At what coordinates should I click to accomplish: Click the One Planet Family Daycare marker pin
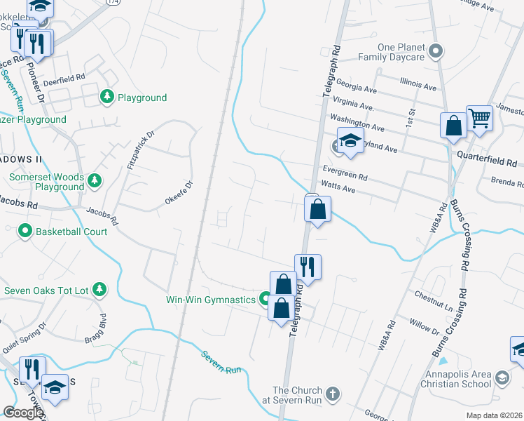point(436,51)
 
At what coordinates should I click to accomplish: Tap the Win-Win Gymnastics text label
point(210,300)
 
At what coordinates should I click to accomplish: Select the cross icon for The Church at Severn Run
point(333,394)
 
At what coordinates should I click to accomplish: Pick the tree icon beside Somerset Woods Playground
point(95,182)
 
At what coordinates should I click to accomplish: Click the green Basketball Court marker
point(25,230)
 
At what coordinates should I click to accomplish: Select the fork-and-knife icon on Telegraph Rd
point(308,267)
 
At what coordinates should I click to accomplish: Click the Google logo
point(23,413)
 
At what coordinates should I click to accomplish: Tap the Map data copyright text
point(494,415)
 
